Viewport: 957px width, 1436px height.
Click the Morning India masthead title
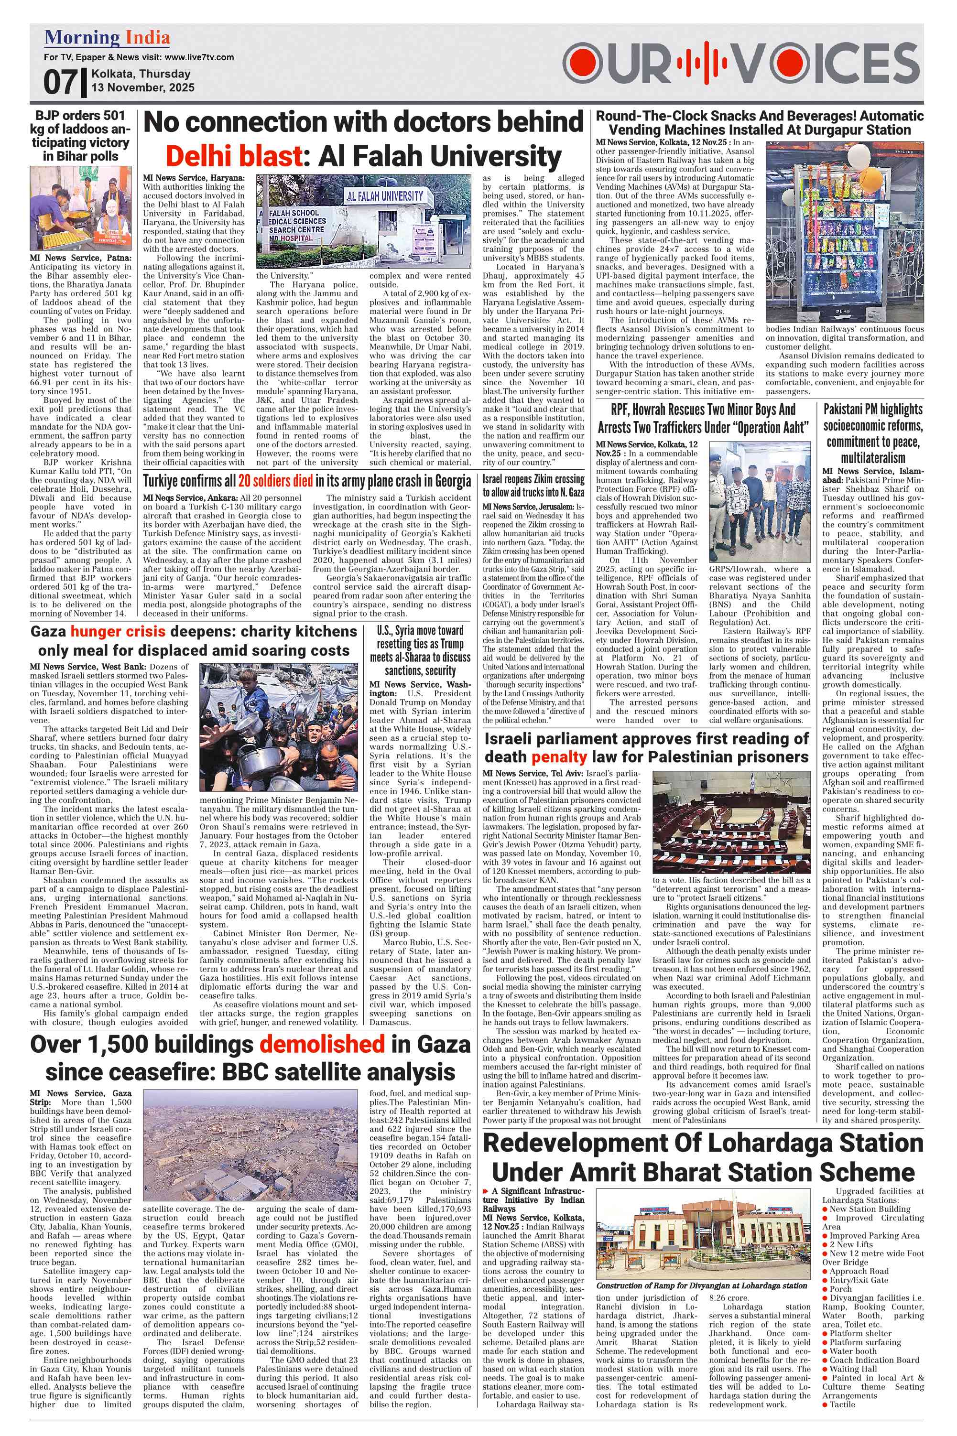107,38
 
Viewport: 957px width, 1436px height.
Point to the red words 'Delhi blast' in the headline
233,156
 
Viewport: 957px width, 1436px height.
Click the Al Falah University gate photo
363,221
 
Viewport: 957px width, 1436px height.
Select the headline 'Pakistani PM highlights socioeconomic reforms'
872,433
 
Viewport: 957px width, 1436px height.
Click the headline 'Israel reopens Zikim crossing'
533,486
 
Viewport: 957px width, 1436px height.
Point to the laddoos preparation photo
81,208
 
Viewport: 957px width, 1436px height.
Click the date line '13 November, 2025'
143,87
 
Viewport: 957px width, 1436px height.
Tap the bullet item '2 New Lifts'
851,1244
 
